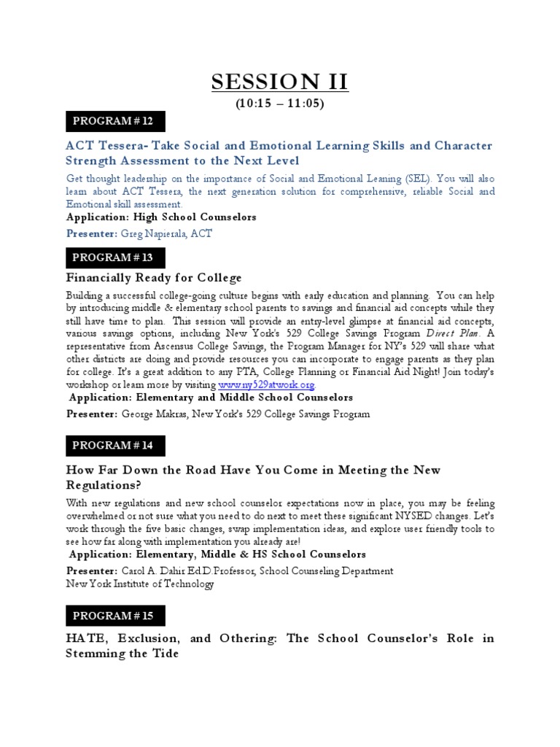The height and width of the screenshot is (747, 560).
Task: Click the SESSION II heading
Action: click(280, 82)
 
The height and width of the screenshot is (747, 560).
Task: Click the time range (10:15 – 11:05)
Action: click(280, 104)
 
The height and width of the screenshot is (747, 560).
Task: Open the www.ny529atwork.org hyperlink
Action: click(268, 385)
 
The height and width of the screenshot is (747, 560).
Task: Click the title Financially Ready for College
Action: click(154, 278)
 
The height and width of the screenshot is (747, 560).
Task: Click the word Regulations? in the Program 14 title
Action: click(104, 485)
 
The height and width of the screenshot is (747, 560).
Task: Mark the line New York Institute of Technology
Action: click(140, 584)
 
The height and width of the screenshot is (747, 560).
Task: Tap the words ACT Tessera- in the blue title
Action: click(107, 146)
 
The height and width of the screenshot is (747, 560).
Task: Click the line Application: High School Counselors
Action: click(161, 217)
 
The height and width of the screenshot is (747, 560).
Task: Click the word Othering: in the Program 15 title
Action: click(246, 638)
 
